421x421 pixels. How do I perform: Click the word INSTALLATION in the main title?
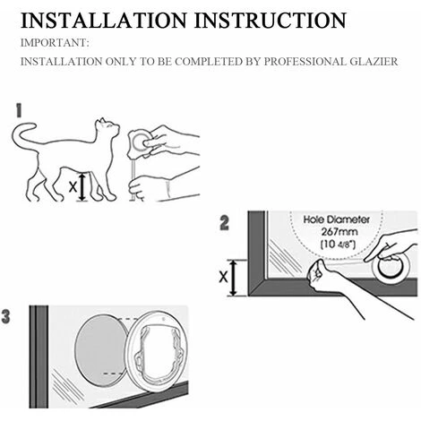[x=103, y=21]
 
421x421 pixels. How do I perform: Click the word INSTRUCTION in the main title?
[x=271, y=21]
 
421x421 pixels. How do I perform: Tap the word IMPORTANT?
[x=55, y=43]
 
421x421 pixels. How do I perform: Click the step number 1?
[x=19, y=110]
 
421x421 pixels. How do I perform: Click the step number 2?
[x=224, y=223]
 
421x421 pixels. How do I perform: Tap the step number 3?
[x=5, y=316]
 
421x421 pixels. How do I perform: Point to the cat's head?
[x=107, y=127]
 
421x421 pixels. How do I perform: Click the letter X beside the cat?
[x=73, y=187]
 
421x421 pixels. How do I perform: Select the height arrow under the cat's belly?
[x=82, y=187]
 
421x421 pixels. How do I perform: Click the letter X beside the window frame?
[x=223, y=278]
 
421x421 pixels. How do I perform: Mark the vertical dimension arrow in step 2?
[x=234, y=278]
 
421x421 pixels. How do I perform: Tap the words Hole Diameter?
[x=337, y=219]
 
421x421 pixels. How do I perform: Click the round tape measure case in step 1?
[x=140, y=142]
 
